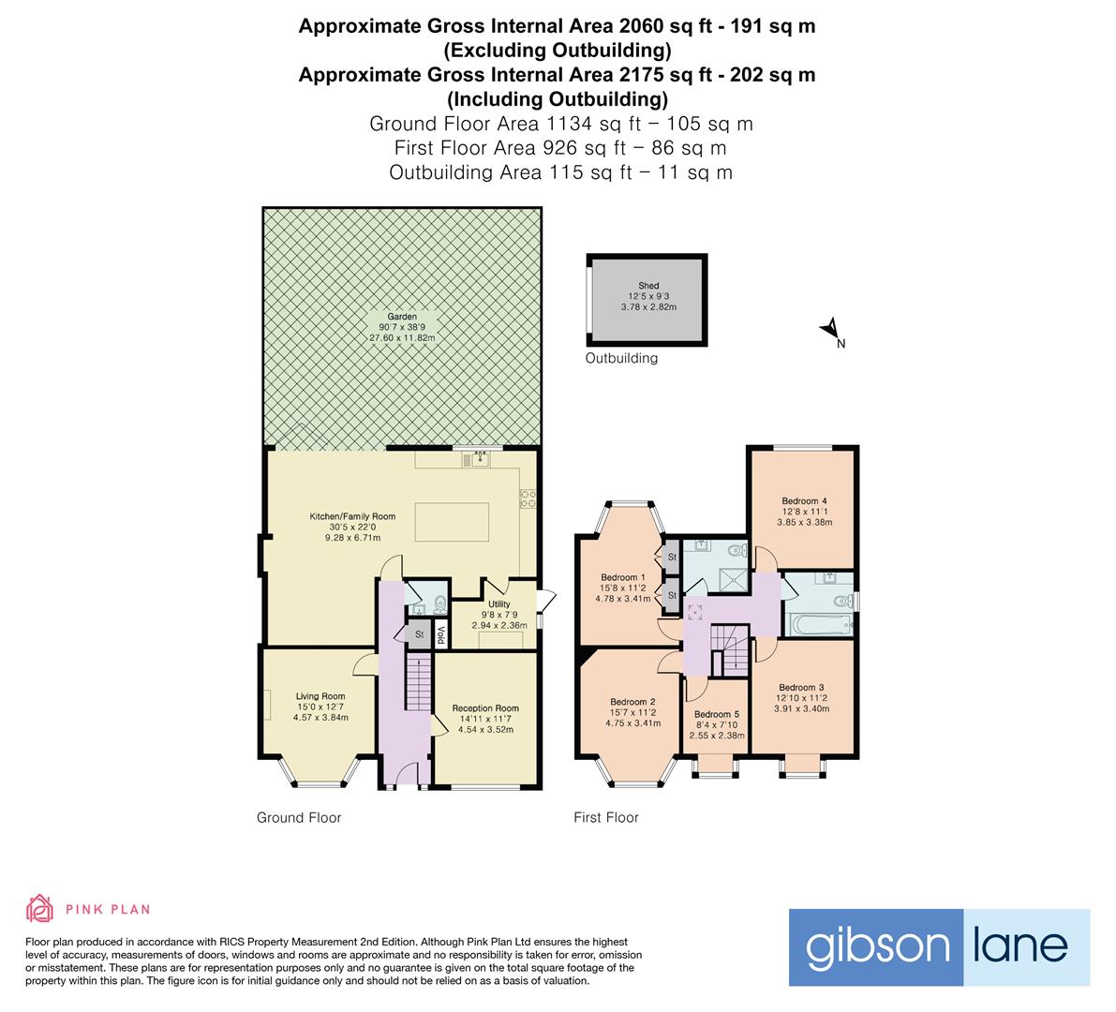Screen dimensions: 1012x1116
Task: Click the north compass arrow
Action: coord(829,329)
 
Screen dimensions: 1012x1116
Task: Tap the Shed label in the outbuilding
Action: coord(648,286)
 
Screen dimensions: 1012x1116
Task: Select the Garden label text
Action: coord(403,317)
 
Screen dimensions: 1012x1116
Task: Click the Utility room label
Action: coord(498,604)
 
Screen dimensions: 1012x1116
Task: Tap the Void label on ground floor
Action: coord(440,634)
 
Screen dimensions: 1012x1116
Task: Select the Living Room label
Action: coord(320,696)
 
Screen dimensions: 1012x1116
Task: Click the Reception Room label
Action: coord(484,708)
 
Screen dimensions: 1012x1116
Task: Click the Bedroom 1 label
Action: coord(623,576)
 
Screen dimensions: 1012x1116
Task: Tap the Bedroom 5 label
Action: coord(717,714)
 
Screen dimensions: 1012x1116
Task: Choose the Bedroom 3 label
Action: coord(801,687)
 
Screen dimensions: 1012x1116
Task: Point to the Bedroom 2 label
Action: coord(632,702)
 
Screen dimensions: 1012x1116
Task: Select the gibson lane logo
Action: coord(939,946)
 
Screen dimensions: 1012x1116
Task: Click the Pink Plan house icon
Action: coord(39,908)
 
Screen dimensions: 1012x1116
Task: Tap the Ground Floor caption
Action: coord(299,818)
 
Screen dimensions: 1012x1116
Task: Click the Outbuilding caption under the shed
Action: coord(621,358)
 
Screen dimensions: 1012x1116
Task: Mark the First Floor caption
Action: coord(605,818)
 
